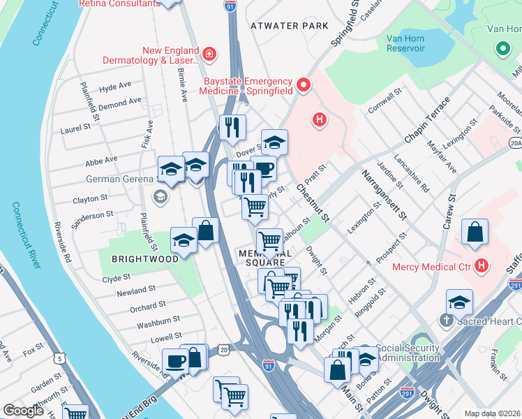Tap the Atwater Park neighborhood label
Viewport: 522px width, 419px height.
click(x=289, y=26)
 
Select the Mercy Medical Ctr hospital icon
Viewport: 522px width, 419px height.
click(x=481, y=265)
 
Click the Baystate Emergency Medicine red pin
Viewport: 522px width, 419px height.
click(x=304, y=85)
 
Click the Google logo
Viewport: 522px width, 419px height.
click(x=23, y=411)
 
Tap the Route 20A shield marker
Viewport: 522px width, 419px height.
click(x=515, y=143)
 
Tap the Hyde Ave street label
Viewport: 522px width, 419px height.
click(x=115, y=87)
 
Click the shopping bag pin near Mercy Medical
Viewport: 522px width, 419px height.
click(x=475, y=233)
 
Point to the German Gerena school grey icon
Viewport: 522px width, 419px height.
click(x=160, y=197)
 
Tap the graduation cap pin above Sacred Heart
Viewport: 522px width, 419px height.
click(x=459, y=302)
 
